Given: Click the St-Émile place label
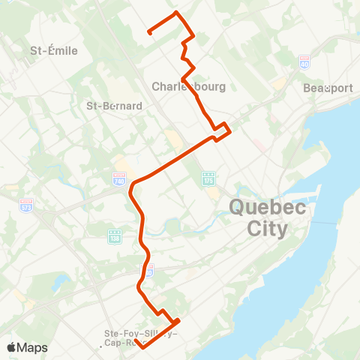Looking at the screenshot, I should [x=50, y=51].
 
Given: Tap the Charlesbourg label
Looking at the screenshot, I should [x=188, y=87].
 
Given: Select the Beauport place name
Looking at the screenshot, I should [x=328, y=88].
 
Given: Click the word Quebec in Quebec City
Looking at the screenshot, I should [x=267, y=208].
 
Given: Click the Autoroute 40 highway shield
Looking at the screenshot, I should [x=304, y=61].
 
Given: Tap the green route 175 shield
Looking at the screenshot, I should [x=208, y=178].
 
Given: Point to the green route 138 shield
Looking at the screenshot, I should [x=115, y=236].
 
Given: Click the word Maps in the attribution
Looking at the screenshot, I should [x=33, y=347].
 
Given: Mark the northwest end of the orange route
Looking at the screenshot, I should [x=149, y=32].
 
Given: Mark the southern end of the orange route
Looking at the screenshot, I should [x=142, y=347].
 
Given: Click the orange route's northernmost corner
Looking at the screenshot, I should [x=176, y=13].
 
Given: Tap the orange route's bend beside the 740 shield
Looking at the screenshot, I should [x=132, y=184].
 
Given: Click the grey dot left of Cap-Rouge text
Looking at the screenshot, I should [x=100, y=346].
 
